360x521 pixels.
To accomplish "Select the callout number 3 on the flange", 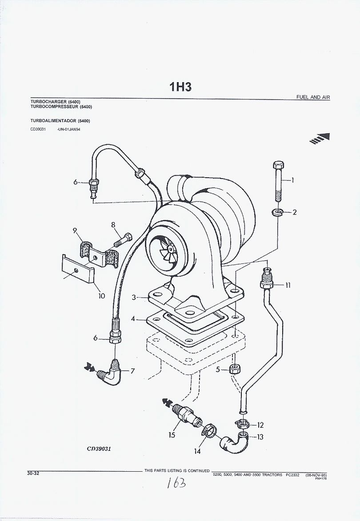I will (134, 298).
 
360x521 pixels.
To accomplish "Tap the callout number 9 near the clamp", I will (75, 230).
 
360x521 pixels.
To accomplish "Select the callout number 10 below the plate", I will (102, 296).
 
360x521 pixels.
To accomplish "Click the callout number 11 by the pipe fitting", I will (288, 285).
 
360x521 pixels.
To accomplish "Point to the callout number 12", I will (260, 425).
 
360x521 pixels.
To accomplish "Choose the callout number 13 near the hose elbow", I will (260, 437).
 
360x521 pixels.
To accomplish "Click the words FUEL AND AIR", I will (313, 97).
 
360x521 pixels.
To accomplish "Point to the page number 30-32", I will (33, 473).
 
